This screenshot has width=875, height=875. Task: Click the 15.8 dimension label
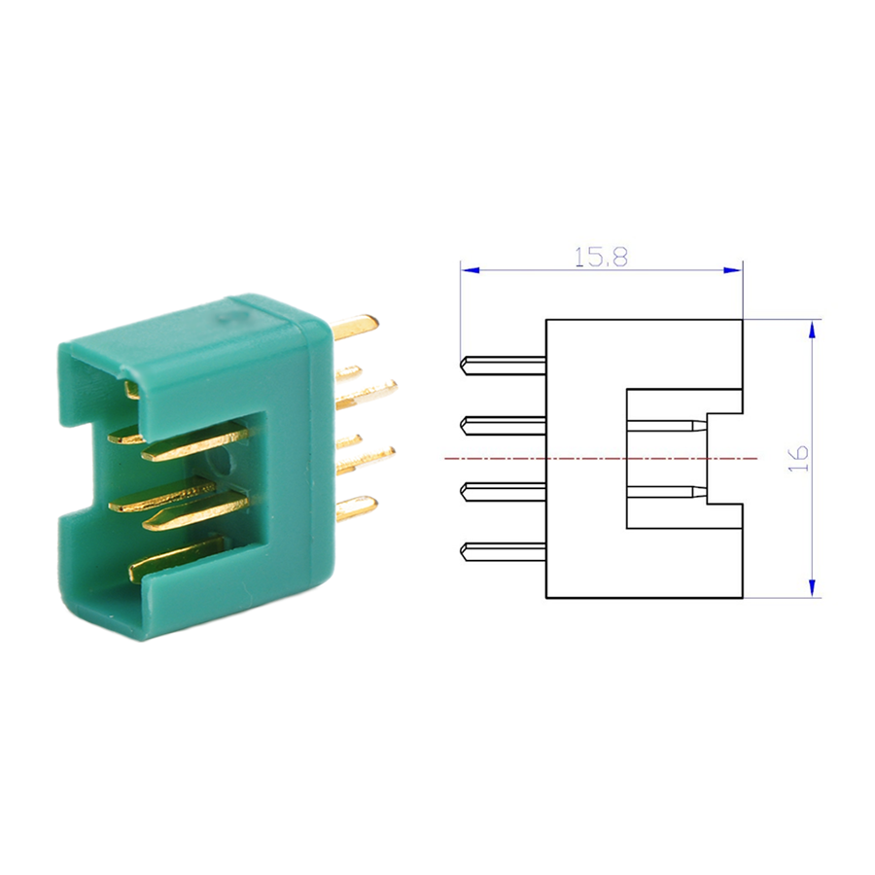(601, 257)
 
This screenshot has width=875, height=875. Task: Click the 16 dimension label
(798, 458)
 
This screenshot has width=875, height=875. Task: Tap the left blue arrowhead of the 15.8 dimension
(471, 270)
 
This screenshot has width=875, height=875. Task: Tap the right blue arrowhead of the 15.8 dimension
(733, 270)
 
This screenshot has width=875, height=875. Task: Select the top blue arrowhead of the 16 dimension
(812, 330)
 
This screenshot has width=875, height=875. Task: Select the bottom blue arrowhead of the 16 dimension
(812, 588)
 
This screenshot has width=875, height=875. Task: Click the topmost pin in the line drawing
(503, 366)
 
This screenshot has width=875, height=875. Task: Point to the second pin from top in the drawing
(503, 426)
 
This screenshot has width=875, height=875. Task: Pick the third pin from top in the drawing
(503, 492)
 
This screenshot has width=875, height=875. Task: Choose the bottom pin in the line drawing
(503, 551)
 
